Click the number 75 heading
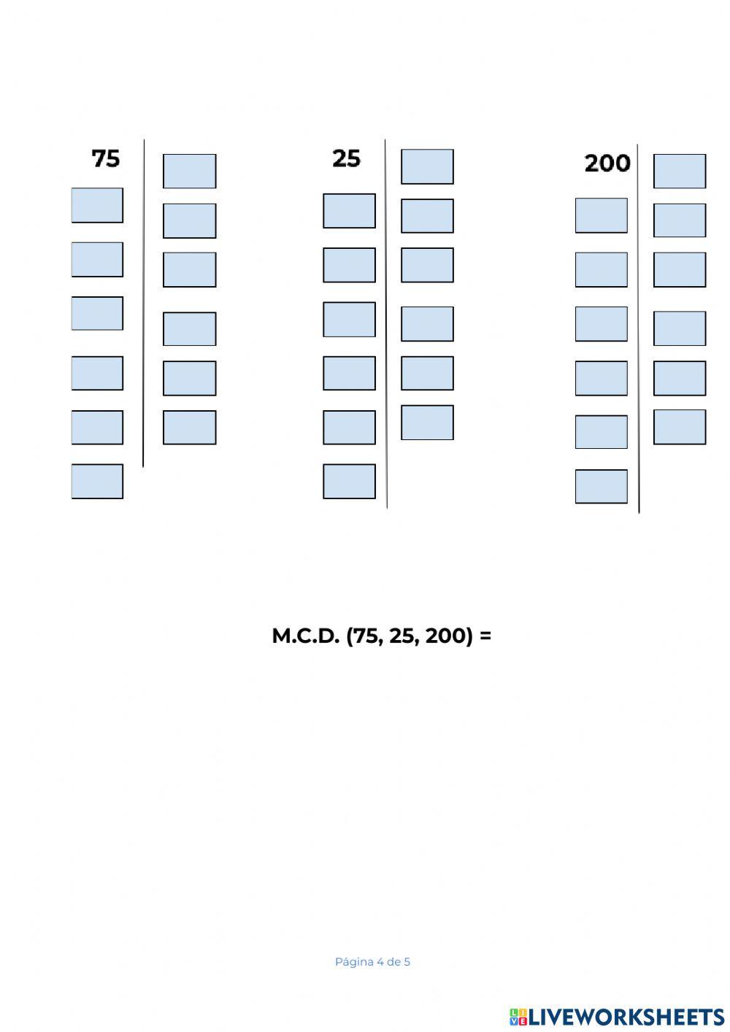click(105, 158)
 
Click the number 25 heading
click(346, 158)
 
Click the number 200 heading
click(607, 163)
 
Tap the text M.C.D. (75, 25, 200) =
click(381, 636)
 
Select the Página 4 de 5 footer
click(372, 962)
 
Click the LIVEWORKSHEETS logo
click(616, 1016)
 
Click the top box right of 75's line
click(189, 171)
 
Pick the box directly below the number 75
click(97, 205)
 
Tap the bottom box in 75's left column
click(97, 482)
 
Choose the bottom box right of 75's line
click(189, 428)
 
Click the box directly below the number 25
click(349, 211)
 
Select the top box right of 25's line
click(427, 166)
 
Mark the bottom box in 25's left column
click(349, 482)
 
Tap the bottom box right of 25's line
click(427, 423)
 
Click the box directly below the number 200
click(601, 215)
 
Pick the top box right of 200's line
click(679, 171)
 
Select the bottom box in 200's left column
click(601, 487)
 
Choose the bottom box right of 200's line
click(679, 427)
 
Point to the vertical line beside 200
click(639, 328)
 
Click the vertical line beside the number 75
click(144, 303)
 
